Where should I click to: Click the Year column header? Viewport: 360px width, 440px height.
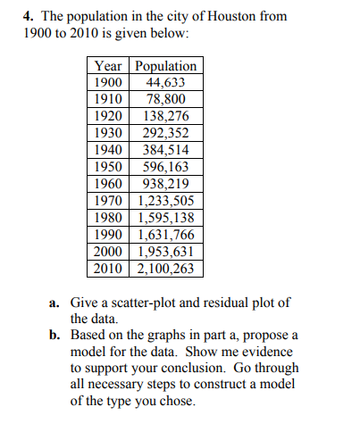coord(110,66)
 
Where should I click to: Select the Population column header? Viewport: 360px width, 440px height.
coord(165,66)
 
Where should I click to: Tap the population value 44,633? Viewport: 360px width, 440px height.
coord(165,83)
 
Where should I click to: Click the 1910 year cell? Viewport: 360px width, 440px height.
coord(110,100)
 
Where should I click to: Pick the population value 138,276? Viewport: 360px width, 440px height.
coord(165,117)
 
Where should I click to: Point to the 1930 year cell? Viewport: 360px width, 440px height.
coord(110,133)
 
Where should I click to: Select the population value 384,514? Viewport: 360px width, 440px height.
coord(165,150)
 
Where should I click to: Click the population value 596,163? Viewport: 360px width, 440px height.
coord(165,167)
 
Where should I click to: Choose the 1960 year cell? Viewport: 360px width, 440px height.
coord(110,184)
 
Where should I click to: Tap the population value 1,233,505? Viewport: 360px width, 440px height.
coord(165,201)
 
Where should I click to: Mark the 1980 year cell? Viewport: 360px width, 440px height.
coord(110,218)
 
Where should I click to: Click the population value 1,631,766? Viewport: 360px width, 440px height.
coord(165,235)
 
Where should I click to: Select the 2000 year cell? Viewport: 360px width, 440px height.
coord(110,252)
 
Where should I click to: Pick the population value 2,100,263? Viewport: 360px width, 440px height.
coord(165,268)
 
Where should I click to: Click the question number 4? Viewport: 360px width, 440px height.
coord(28,15)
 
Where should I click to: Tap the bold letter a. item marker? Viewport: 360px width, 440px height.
coord(54,303)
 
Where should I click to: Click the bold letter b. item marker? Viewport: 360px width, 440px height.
coord(54,336)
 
